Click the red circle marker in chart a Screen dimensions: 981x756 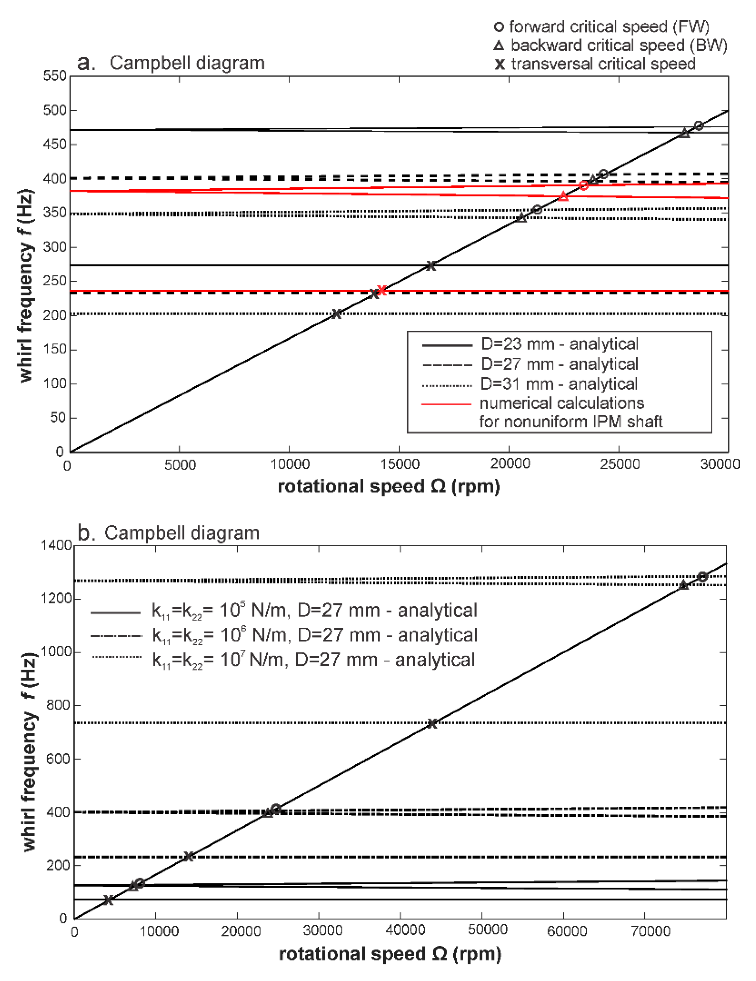583,185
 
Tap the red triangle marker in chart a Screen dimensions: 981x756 563,196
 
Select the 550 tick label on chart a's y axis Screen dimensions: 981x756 55,76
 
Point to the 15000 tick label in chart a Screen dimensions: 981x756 399,465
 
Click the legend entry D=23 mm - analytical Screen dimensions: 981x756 559,344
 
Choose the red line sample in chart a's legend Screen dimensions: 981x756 446,404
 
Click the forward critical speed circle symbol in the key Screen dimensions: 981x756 499,27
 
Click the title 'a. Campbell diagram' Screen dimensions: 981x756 171,63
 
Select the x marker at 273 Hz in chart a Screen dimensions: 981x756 430,265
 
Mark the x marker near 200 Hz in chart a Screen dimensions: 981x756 336,314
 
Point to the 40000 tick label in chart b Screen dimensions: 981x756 405,931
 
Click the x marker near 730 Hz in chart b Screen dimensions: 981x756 432,723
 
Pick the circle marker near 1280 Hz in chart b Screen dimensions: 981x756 702,577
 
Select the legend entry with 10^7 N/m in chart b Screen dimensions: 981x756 313,660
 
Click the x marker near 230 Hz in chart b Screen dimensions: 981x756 189,856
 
